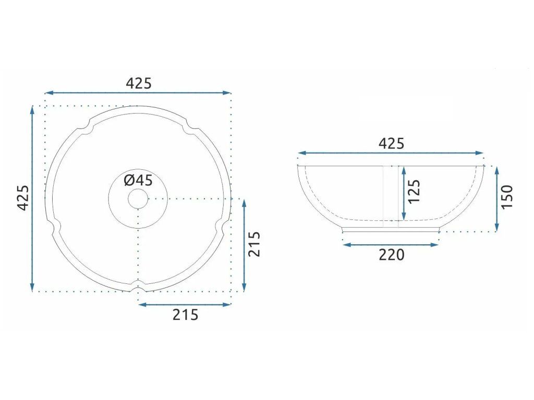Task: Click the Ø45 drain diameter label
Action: (138, 180)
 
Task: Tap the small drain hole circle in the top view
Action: (138, 199)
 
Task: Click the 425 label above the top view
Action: (139, 83)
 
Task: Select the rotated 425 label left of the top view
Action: (23, 198)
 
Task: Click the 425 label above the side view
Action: (391, 144)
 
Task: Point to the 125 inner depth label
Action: (414, 192)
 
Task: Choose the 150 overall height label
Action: (507, 197)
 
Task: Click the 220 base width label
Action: (392, 255)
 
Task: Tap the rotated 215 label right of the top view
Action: (254, 244)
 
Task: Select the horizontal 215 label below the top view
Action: (185, 315)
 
